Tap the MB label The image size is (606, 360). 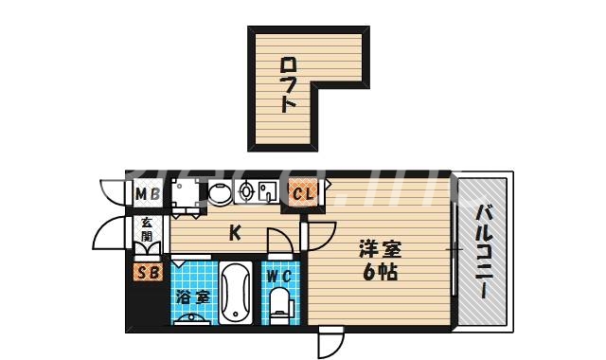tap(147, 195)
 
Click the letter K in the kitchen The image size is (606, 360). tap(233, 230)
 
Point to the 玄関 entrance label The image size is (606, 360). tap(148, 230)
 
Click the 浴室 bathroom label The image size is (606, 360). tap(191, 297)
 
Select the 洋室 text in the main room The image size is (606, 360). tap(380, 250)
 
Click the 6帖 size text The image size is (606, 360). tap(380, 272)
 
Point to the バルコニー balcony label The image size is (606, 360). tap(483, 251)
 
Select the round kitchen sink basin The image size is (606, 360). tap(220, 193)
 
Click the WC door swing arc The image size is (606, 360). tap(278, 245)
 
